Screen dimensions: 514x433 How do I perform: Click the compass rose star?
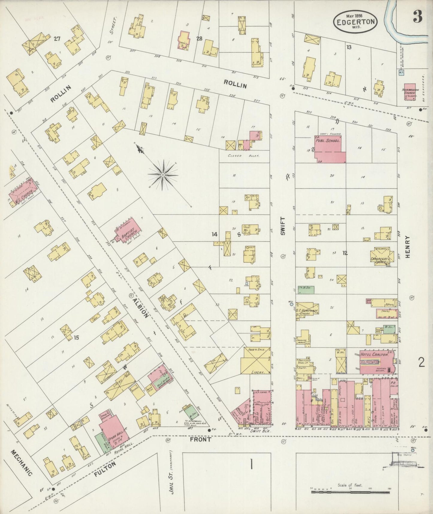click(x=163, y=175)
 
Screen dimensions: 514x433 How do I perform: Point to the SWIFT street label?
click(x=283, y=226)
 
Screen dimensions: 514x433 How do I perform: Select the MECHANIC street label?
click(x=22, y=463)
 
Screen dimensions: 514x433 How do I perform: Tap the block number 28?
click(x=199, y=38)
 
